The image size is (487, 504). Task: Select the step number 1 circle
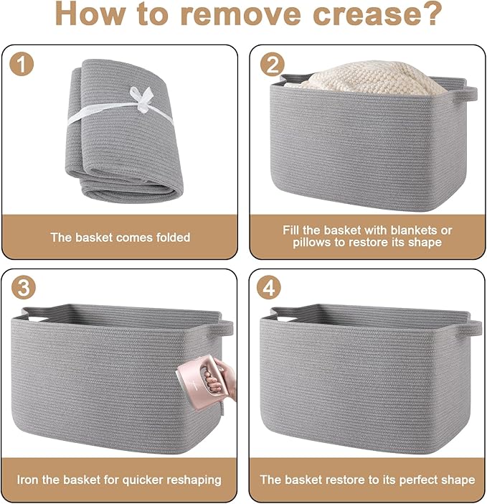(22, 64)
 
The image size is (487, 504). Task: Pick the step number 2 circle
(273, 64)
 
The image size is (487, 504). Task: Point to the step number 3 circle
(23, 287)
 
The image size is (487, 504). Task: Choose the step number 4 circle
(269, 287)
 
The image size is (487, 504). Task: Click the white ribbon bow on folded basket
(141, 98)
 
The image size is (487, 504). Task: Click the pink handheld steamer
(197, 383)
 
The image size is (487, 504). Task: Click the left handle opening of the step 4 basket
(285, 319)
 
